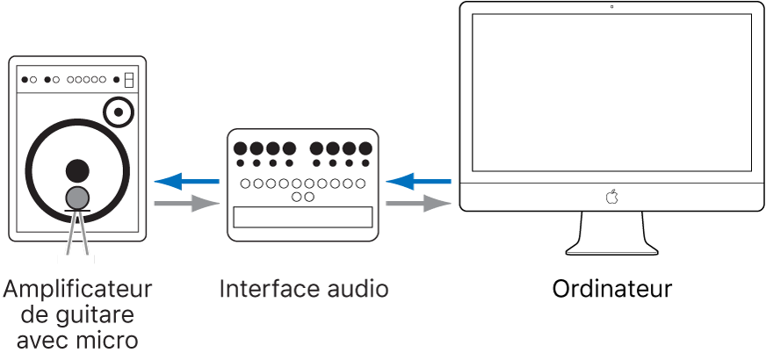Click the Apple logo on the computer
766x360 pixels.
pyautogui.click(x=611, y=197)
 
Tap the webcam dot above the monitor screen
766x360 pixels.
pyautogui.click(x=611, y=7)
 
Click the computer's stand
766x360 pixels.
pyautogui.click(x=612, y=234)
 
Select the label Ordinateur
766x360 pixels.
pyautogui.click(x=612, y=288)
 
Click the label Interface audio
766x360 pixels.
pyautogui.click(x=303, y=288)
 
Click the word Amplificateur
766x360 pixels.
pyautogui.click(x=77, y=288)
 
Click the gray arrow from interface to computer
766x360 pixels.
pyautogui.click(x=419, y=205)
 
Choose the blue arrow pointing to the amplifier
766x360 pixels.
pyautogui.click(x=186, y=182)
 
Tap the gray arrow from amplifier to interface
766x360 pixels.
pyautogui.click(x=186, y=205)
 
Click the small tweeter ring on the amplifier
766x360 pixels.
pyautogui.click(x=119, y=112)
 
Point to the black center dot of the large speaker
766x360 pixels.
pyautogui.click(x=78, y=169)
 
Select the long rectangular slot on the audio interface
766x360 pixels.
pyautogui.click(x=303, y=220)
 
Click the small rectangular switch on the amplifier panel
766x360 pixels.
pyautogui.click(x=129, y=79)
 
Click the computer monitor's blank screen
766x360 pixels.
pyautogui.click(x=611, y=92)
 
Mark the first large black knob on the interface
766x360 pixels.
pyautogui.click(x=241, y=148)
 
